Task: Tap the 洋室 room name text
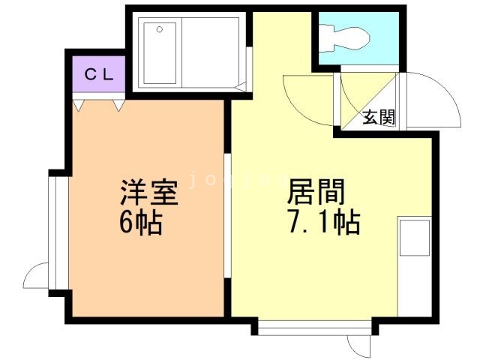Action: pyautogui.click(x=149, y=193)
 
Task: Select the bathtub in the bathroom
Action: pyautogui.click(x=160, y=52)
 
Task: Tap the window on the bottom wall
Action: pyautogui.click(x=315, y=327)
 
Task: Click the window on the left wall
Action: pyautogui.click(x=52, y=232)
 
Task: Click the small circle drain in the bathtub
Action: pyautogui.click(x=159, y=30)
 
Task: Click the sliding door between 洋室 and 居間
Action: pyautogui.click(x=228, y=217)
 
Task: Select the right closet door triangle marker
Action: pyautogui.click(x=118, y=106)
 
